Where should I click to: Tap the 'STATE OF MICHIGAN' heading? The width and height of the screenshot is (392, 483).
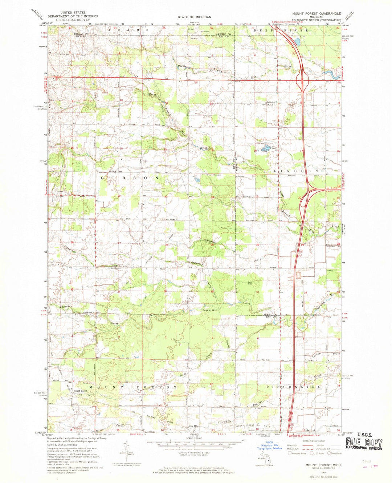point(194,17)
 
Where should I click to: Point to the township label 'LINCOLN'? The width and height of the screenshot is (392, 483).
point(296,171)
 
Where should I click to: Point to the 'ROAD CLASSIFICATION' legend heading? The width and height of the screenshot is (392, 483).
point(314,441)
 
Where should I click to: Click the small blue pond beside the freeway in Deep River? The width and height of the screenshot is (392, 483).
point(297,41)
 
